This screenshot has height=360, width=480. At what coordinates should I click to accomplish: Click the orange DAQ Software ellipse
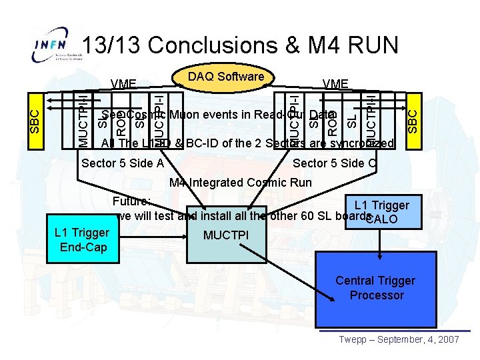(226, 77)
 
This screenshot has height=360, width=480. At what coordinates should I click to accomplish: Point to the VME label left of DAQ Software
(124, 84)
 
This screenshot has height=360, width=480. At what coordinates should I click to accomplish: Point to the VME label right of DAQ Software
(335, 84)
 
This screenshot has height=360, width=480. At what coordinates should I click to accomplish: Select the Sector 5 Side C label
(335, 163)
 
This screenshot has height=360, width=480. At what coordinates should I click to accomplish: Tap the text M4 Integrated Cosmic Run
(240, 183)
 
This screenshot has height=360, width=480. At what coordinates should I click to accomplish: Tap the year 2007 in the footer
(447, 339)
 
